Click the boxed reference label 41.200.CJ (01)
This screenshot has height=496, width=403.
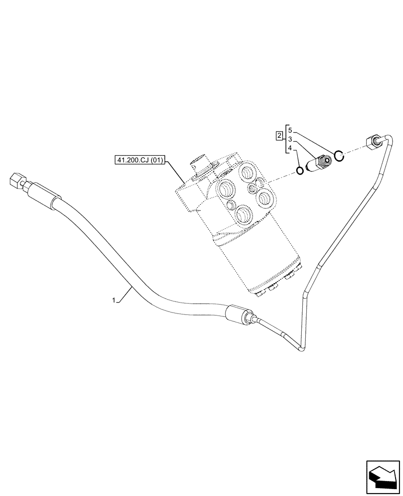coord(140,161)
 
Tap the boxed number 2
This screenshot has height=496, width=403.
coord(280,135)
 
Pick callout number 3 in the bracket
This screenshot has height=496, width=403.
coord(291,140)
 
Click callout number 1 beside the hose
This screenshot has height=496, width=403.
coord(114,300)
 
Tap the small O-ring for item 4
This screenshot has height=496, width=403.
coord(300,171)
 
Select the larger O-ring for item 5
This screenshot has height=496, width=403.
coord(338,156)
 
